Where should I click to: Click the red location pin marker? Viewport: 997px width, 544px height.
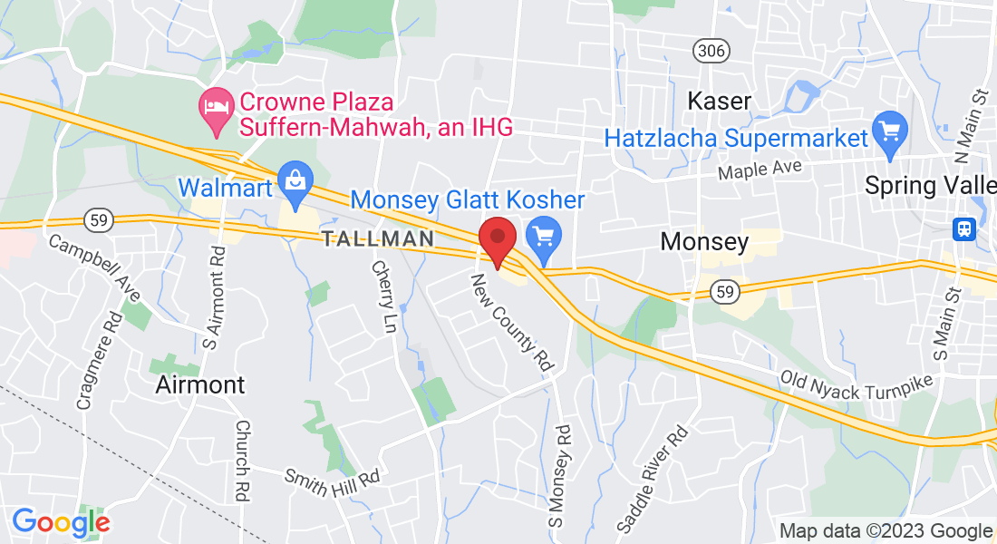498,240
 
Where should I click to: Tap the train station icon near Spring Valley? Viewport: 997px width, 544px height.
964,228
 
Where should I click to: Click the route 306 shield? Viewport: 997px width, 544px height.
712,50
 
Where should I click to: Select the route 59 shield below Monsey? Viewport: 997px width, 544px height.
723,290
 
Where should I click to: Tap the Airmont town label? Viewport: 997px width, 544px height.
199,384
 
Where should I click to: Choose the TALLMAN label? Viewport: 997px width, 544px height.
375,238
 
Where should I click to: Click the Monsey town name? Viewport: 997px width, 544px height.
704,241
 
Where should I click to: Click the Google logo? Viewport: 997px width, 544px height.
61,522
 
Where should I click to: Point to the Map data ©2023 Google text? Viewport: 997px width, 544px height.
886,531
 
